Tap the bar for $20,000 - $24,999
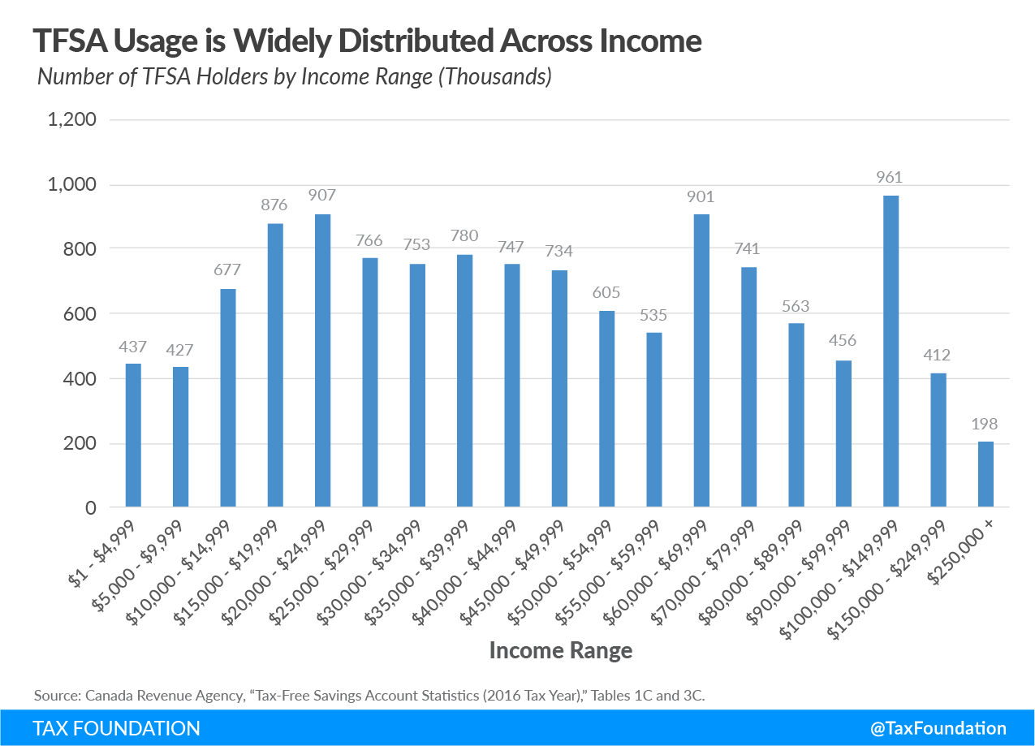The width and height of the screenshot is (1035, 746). coord(323,361)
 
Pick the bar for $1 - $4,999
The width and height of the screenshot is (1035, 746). coord(133,435)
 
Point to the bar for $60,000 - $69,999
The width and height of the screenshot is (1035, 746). coord(701,361)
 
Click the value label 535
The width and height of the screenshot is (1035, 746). coord(654,315)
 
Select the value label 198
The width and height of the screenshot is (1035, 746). coord(985,424)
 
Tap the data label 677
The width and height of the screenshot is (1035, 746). coord(228,270)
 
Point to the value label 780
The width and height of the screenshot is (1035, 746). coord(464,236)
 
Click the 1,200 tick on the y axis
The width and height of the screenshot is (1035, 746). coord(74,120)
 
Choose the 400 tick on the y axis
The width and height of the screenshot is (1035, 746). coord(80,379)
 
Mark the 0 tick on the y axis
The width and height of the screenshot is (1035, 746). coord(91,508)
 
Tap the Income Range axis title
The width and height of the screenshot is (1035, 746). coord(560,650)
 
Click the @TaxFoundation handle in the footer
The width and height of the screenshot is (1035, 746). coord(938,728)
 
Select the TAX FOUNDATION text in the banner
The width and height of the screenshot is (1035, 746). coord(116,728)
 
